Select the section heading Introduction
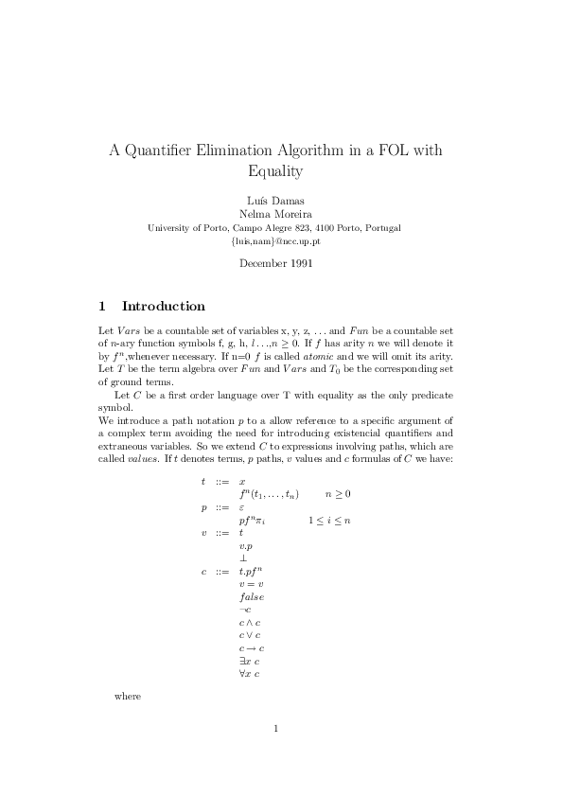coord(163,307)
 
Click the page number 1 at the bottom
coord(275,728)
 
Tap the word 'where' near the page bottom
coord(127,696)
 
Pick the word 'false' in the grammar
coord(252,597)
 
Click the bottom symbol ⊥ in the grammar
coord(243,559)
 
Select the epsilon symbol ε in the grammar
coord(242,507)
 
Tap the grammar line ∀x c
coord(250,674)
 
